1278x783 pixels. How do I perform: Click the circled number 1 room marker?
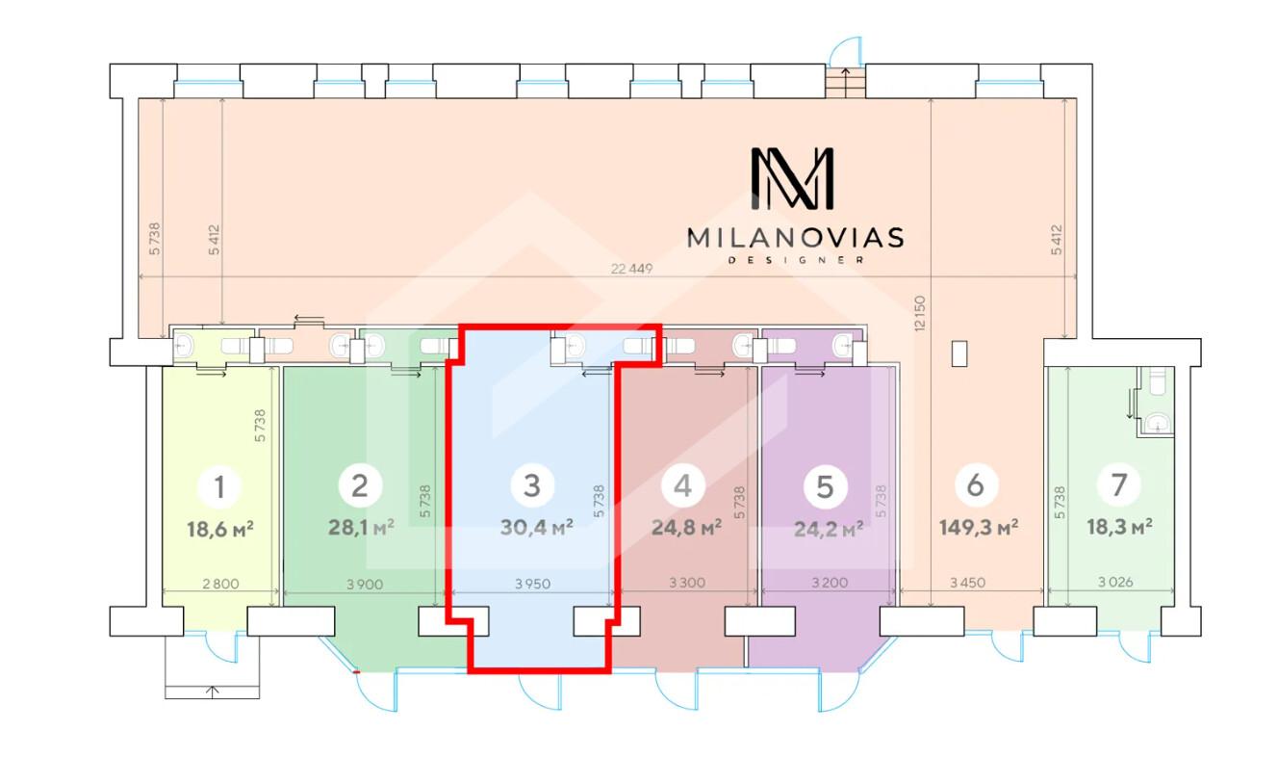[x=219, y=487]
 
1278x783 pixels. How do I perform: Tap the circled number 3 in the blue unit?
[x=532, y=485]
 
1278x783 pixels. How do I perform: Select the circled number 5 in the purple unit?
[x=825, y=487]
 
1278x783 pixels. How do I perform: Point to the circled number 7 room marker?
[x=1119, y=484]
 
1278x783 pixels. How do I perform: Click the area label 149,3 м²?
[x=979, y=527]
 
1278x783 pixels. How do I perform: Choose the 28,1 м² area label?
[x=361, y=527]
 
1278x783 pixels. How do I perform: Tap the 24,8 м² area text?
[x=686, y=527]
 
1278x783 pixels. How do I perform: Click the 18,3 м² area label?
[x=1119, y=526]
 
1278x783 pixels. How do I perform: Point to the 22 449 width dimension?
[x=631, y=269]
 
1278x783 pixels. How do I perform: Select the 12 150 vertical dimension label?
[x=919, y=314]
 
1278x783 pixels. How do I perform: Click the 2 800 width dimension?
[x=220, y=584]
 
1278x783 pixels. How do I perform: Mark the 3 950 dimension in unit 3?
[x=533, y=584]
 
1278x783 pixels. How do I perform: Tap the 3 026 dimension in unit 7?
[x=1115, y=582]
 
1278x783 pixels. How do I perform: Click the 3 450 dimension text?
[x=967, y=583]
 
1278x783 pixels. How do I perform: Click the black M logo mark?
[x=792, y=178]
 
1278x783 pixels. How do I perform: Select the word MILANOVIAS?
[x=795, y=238]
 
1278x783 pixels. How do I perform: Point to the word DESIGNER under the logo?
[x=796, y=260]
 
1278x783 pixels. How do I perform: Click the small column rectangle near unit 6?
[x=959, y=353]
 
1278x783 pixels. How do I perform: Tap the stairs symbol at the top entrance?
[x=845, y=82]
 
